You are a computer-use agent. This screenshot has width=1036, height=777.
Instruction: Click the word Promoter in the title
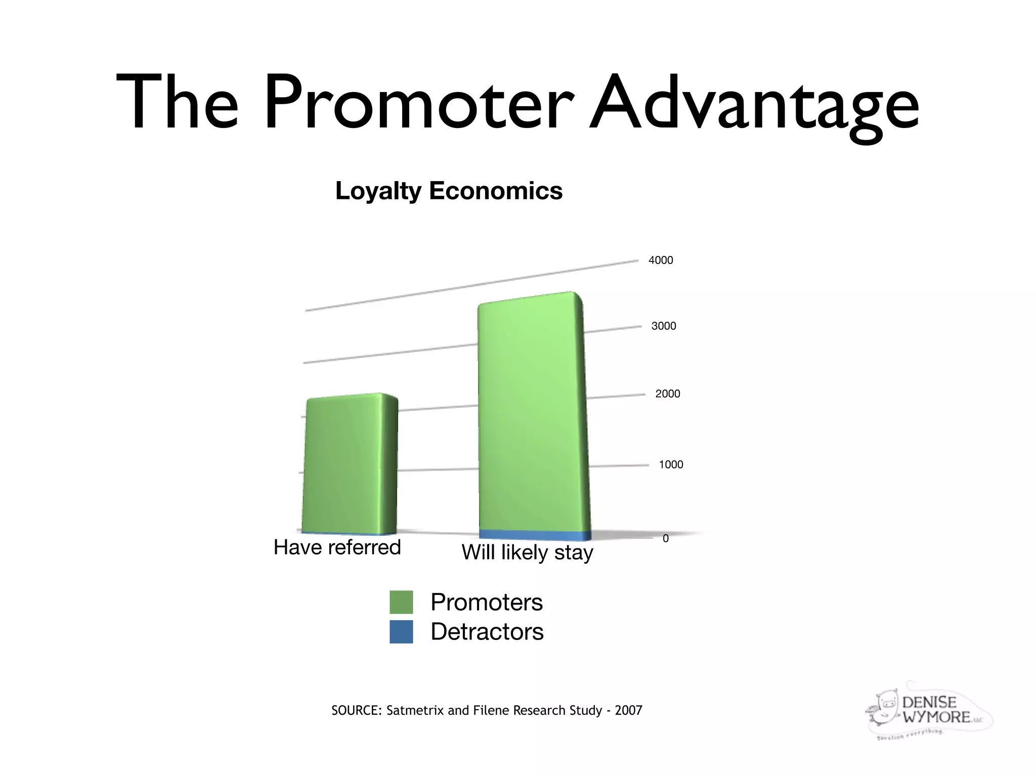pos(418,104)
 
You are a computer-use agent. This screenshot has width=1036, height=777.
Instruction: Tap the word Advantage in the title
pos(754,104)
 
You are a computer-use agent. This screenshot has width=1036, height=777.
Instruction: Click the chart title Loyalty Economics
pos(449,191)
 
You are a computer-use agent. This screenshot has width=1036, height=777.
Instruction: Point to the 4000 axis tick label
pos(661,261)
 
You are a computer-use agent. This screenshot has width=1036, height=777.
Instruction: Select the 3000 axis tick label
pos(663,326)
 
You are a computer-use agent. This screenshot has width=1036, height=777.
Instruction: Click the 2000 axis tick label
pos(667,394)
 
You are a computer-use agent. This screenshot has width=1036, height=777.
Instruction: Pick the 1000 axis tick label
pos(670,465)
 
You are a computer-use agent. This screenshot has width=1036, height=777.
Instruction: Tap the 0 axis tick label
pos(665,539)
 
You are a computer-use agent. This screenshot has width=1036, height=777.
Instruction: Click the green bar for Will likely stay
pos(531,415)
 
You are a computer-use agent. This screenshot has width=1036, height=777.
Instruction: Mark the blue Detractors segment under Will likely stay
pos(534,535)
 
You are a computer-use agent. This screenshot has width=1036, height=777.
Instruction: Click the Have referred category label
pos(337,547)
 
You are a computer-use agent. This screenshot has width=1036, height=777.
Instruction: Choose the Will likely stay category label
pos(527,552)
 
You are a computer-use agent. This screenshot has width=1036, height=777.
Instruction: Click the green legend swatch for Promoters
pos(401,602)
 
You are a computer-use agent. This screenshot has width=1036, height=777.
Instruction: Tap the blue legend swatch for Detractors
pos(401,632)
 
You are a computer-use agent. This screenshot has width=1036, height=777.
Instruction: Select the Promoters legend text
pos(486,602)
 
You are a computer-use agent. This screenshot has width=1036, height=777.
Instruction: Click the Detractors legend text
pos(487,632)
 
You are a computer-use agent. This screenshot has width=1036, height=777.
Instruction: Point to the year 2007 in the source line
pos(628,711)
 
